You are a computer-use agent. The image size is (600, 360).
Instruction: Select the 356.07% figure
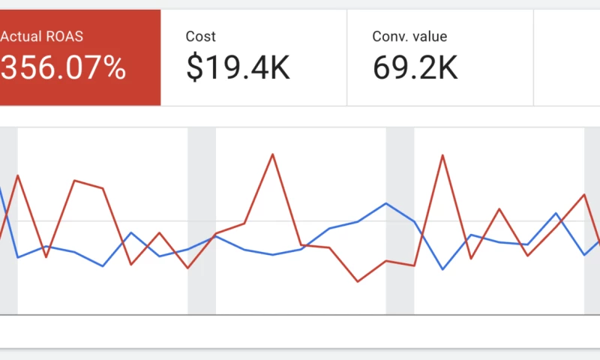pyautogui.click(x=63, y=68)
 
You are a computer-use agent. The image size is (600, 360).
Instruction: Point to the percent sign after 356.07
pyautogui.click(x=114, y=68)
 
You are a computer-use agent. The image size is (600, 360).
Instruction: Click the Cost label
pyautogui.click(x=200, y=36)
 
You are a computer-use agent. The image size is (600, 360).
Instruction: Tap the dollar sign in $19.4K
pyautogui.click(x=193, y=68)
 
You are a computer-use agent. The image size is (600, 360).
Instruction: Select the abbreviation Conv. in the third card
pyautogui.click(x=391, y=36)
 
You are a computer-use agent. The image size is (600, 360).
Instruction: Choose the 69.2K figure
pyautogui.click(x=415, y=68)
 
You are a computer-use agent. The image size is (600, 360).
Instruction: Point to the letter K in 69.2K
pyautogui.click(x=447, y=68)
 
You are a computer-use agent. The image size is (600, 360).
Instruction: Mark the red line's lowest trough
pyautogui.click(x=358, y=281)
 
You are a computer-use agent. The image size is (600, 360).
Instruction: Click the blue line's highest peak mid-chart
pyautogui.click(x=386, y=203)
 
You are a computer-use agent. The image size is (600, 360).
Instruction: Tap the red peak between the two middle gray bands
pyautogui.click(x=272, y=154)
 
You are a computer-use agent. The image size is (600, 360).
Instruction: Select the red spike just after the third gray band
pyautogui.click(x=442, y=155)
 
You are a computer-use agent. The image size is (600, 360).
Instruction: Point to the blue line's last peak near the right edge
pyautogui.click(x=556, y=214)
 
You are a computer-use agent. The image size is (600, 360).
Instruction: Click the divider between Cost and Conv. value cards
pyautogui.click(x=347, y=58)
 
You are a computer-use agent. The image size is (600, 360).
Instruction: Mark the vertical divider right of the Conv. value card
pyautogui.click(x=533, y=58)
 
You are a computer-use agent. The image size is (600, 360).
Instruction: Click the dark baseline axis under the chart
pyautogui.click(x=300, y=315)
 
